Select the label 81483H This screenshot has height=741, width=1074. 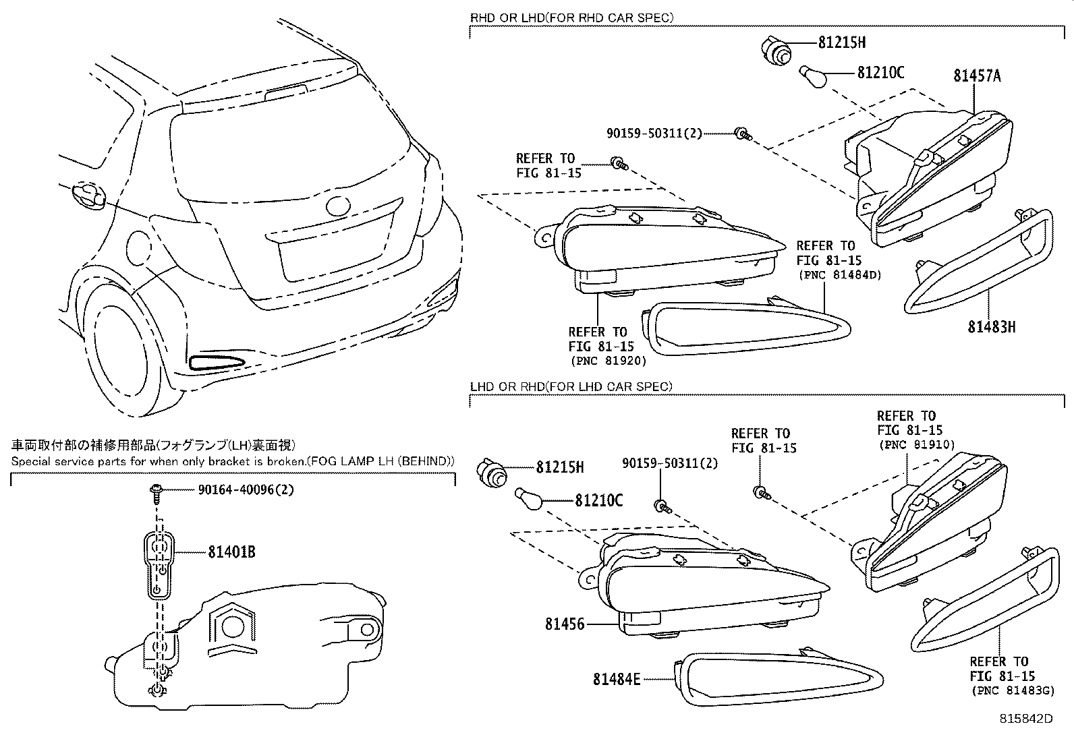coord(991,327)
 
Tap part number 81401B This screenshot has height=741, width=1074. coord(231,552)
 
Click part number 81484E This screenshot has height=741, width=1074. coord(617,680)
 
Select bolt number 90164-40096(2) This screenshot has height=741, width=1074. coord(246,490)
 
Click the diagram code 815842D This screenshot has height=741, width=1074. coord(1025,719)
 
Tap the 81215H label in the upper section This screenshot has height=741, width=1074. coord(841,42)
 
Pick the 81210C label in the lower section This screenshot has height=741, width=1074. coord(598,500)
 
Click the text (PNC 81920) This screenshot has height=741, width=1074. coord(606,361)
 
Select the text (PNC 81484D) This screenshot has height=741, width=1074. coord(839,274)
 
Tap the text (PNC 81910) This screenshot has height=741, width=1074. coord(915,444)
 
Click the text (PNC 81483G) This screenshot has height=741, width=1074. coord(1012,690)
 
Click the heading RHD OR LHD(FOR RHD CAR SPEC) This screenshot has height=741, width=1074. coord(571,18)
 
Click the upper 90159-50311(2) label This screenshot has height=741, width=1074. coord(654,134)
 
